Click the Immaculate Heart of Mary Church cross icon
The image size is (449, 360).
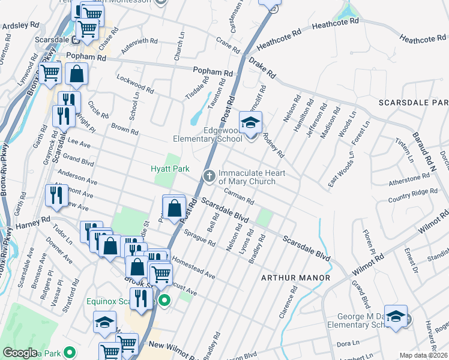point(209,176)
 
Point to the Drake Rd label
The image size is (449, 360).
point(262,68)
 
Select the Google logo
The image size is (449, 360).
point(20,353)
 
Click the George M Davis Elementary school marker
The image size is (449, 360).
point(396,317)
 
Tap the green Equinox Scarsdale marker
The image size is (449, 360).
point(162,301)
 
